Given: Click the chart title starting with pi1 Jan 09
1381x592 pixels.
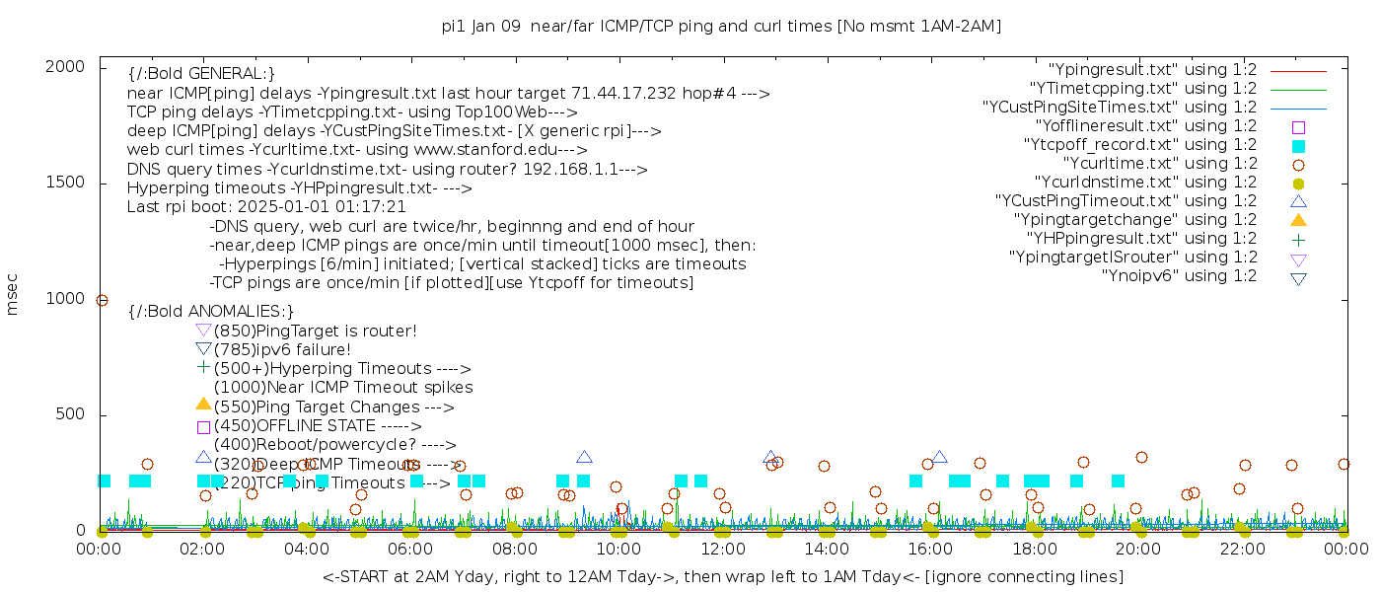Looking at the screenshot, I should coord(721,27).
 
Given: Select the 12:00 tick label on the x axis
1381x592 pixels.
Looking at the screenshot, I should coord(722,549).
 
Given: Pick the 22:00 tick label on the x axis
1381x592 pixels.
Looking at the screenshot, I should coord(1241,549).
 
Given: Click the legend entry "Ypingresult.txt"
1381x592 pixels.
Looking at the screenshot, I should coord(1152,70).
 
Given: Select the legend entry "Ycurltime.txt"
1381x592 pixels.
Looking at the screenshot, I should coord(1159,164).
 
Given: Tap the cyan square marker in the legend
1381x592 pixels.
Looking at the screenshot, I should coord(1298,146).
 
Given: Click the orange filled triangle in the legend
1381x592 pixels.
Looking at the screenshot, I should coord(1298,220).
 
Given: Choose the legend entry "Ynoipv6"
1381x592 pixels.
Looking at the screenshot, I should coord(1179,276).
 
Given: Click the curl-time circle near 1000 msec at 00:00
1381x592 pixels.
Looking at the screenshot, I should coord(102,301).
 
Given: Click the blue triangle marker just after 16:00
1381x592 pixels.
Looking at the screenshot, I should coord(939,457).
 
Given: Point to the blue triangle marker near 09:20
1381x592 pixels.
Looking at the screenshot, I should coord(584,457).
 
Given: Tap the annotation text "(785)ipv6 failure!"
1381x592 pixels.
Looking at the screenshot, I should coord(282,350).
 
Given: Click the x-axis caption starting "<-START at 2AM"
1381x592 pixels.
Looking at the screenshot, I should coord(722,576).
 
